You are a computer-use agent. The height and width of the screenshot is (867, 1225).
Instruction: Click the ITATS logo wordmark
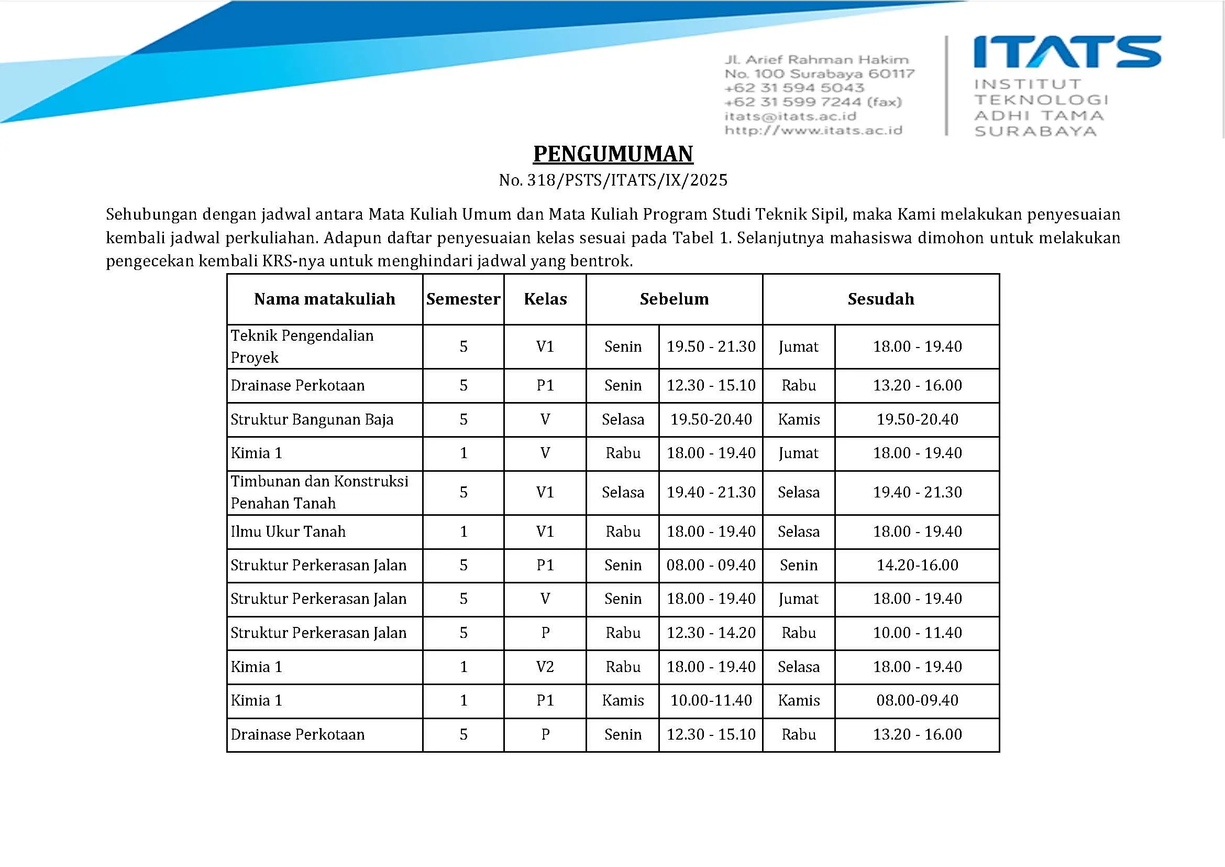pyautogui.click(x=1067, y=52)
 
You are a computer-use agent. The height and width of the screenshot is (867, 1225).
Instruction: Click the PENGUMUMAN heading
pyautogui.click(x=613, y=154)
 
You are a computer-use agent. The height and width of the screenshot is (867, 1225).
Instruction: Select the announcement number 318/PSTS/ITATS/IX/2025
pyautogui.click(x=627, y=180)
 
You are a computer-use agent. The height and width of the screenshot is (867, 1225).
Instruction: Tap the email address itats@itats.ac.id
pyautogui.click(x=790, y=116)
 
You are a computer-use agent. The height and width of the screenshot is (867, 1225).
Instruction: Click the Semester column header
pyautogui.click(x=463, y=299)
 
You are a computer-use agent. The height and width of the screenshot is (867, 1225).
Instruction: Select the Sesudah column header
pyautogui.click(x=880, y=299)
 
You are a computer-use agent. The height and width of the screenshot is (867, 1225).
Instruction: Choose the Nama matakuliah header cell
pyautogui.click(x=324, y=299)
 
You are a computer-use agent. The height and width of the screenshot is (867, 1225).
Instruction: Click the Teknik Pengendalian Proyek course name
pyautogui.click(x=302, y=346)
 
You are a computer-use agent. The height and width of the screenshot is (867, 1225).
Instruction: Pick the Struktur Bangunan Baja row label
pyautogui.click(x=312, y=420)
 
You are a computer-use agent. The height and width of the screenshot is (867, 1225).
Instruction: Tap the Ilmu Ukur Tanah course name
pyautogui.click(x=288, y=532)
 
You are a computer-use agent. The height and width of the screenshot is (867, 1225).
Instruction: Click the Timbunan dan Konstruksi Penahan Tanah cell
pyautogui.click(x=319, y=492)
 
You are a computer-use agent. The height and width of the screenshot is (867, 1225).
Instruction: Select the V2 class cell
pyautogui.click(x=545, y=667)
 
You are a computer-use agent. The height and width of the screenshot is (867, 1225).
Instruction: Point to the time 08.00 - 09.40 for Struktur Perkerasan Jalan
pyautogui.click(x=711, y=565)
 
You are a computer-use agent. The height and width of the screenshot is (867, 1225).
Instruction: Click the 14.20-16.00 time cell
pyautogui.click(x=917, y=565)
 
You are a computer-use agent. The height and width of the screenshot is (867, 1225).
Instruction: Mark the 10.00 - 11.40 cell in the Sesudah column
pyautogui.click(x=917, y=633)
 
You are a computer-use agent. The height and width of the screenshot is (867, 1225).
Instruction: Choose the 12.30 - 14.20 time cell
pyautogui.click(x=711, y=633)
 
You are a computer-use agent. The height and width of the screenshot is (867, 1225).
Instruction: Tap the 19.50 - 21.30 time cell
pyautogui.click(x=711, y=346)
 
